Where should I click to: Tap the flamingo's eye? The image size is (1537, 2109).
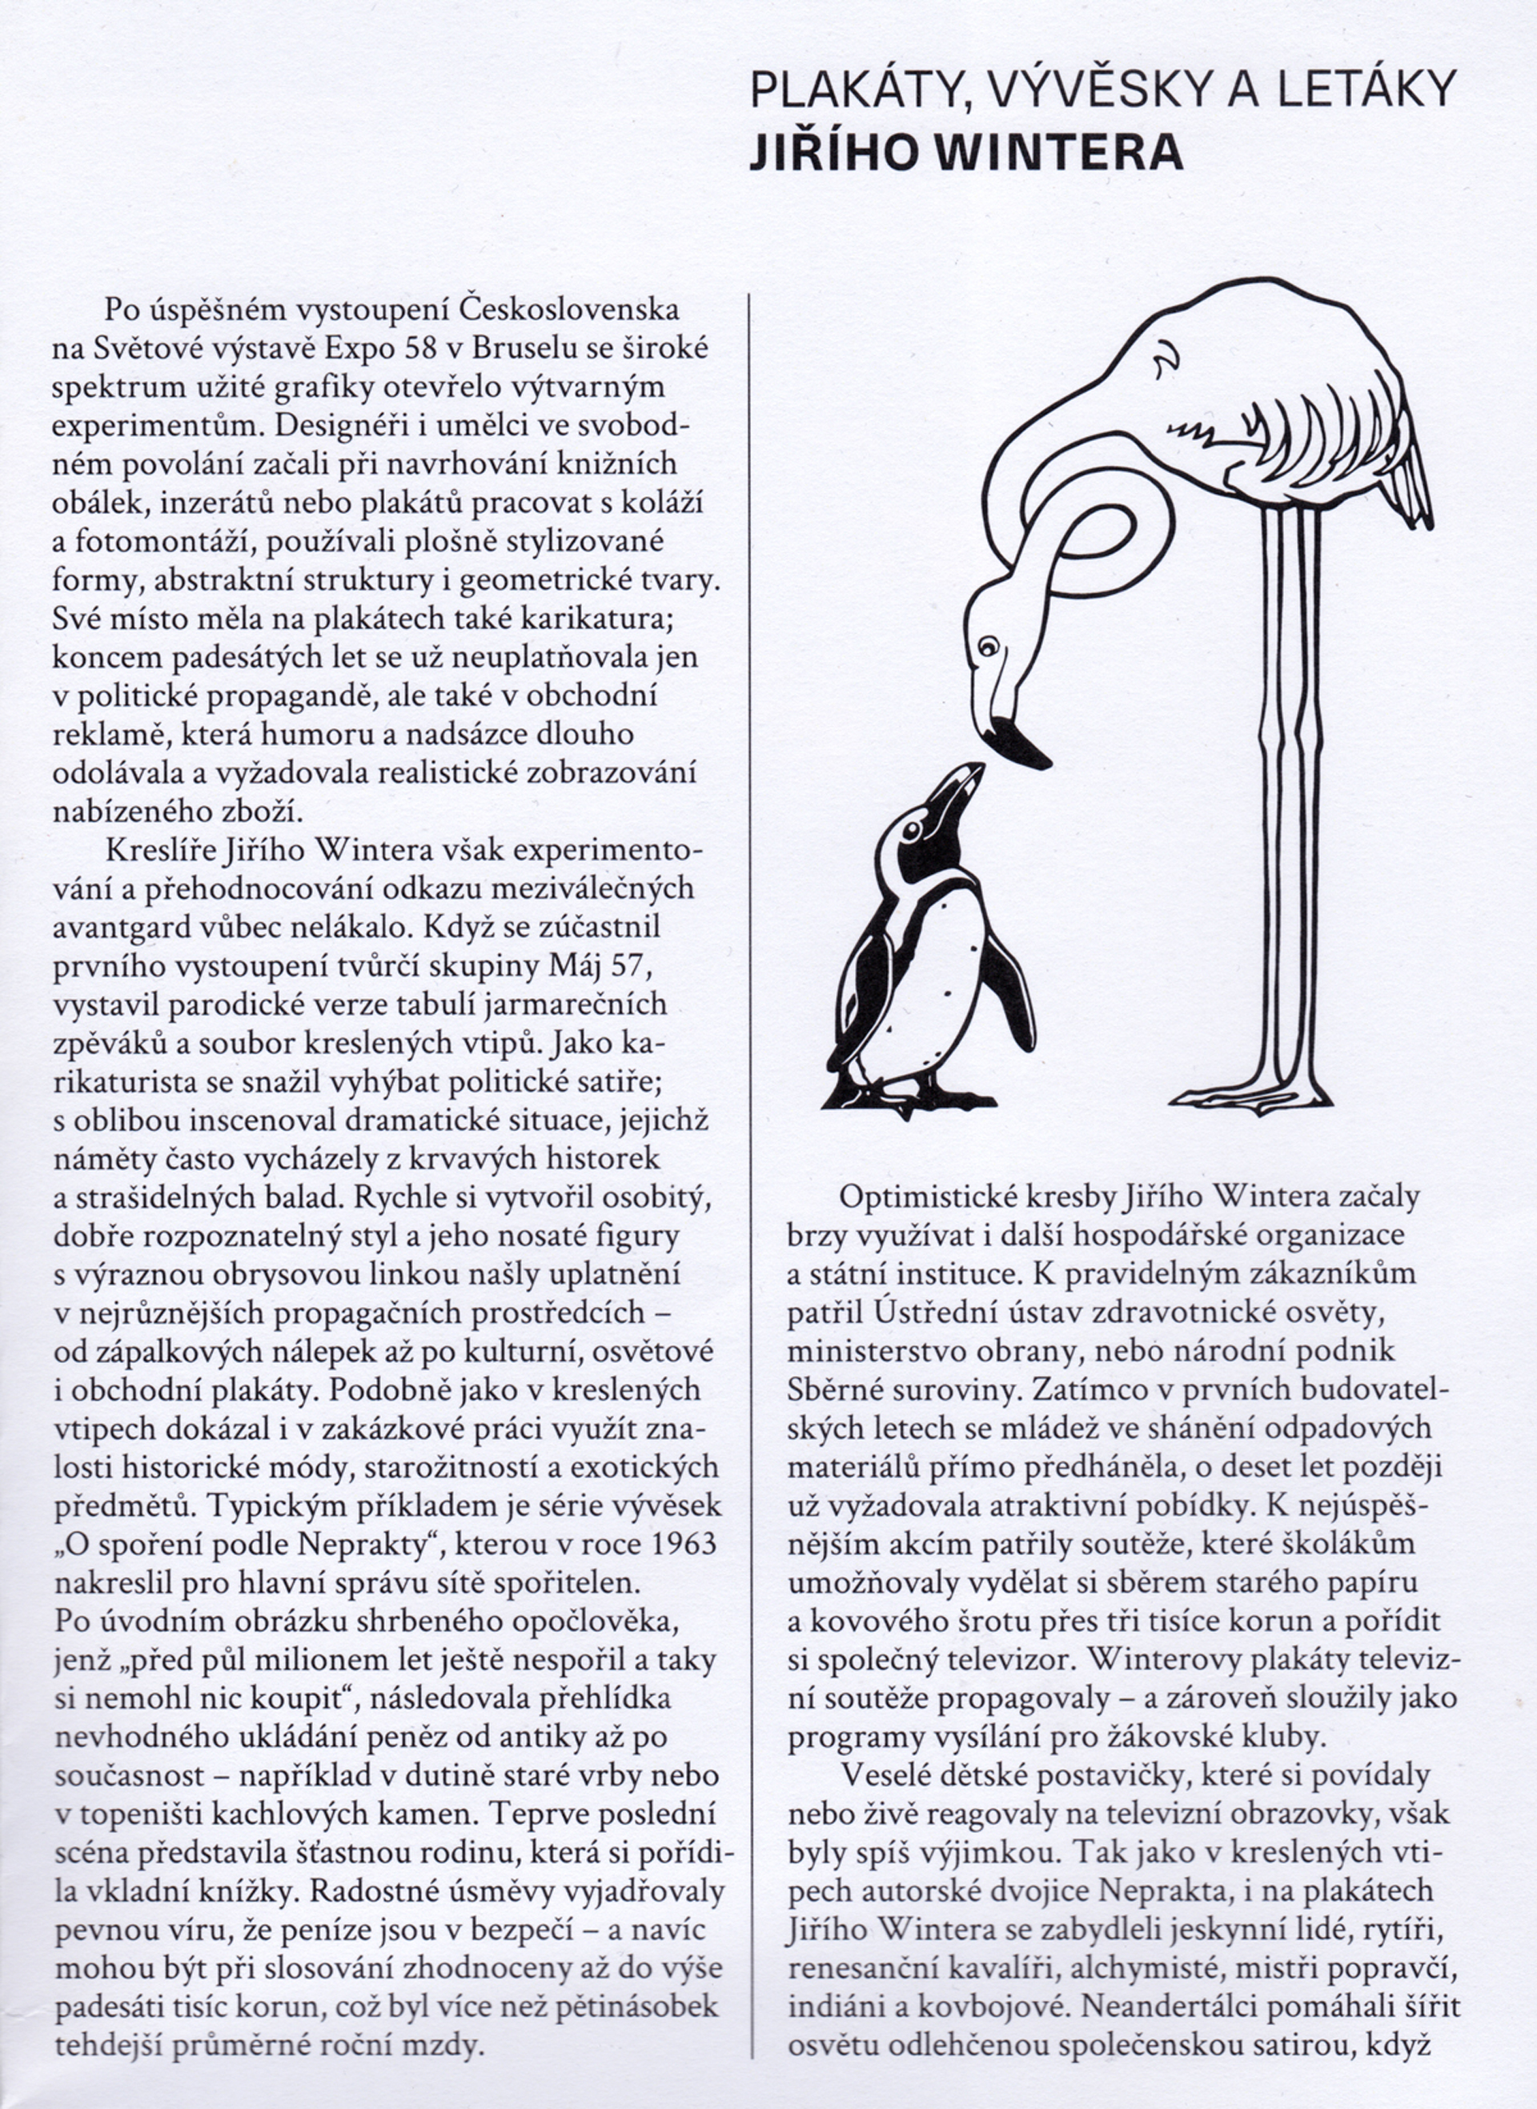coord(988,644)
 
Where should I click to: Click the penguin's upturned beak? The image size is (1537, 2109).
coord(961,785)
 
